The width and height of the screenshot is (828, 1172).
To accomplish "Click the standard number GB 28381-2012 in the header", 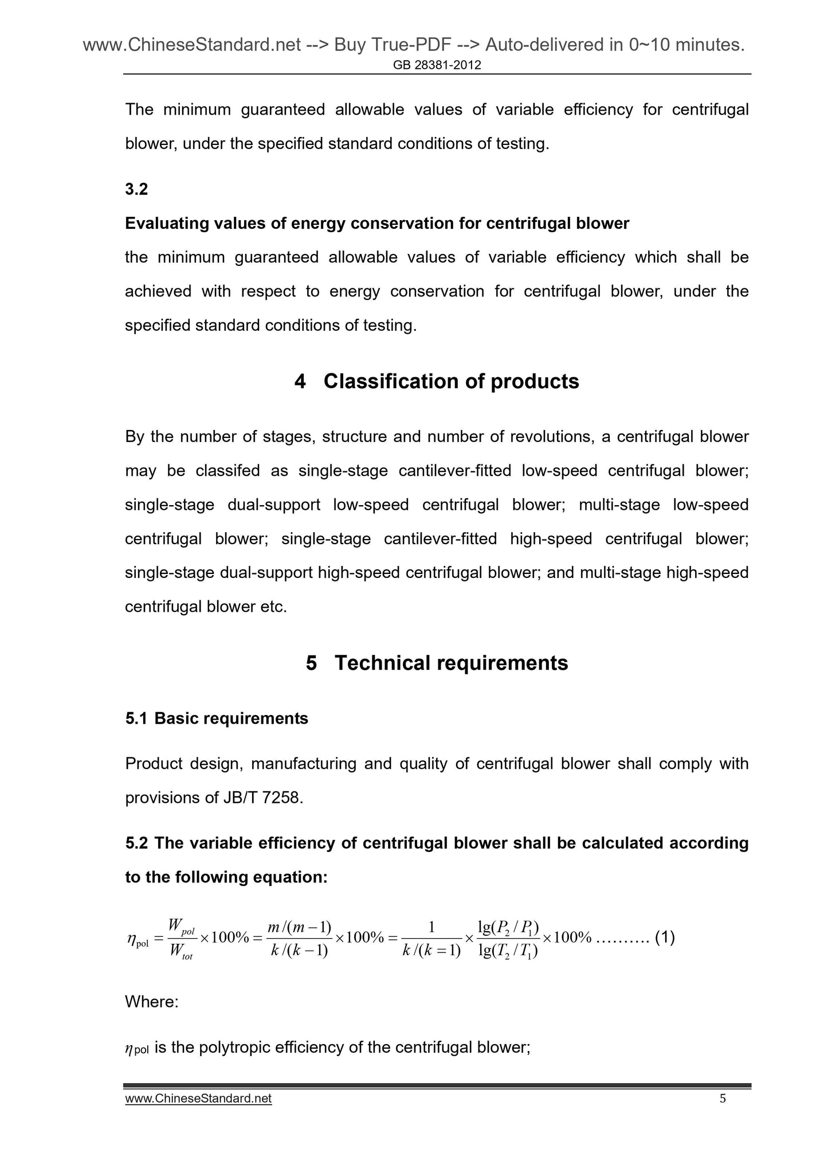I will click(x=437, y=65).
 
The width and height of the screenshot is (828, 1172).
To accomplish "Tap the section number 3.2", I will click(x=136, y=189).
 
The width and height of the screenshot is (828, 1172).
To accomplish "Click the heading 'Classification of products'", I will click(x=451, y=381).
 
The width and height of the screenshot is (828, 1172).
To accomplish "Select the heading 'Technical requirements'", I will click(x=451, y=663).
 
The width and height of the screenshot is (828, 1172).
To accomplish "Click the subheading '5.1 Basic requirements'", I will click(x=217, y=718).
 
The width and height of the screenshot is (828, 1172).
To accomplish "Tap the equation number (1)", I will click(x=665, y=937).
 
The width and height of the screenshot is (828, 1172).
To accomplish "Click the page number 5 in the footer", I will click(x=722, y=1099).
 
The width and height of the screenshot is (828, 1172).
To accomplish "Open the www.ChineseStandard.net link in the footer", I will click(x=198, y=1099).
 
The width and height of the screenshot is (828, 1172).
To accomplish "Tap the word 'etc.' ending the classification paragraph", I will click(x=273, y=607).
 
